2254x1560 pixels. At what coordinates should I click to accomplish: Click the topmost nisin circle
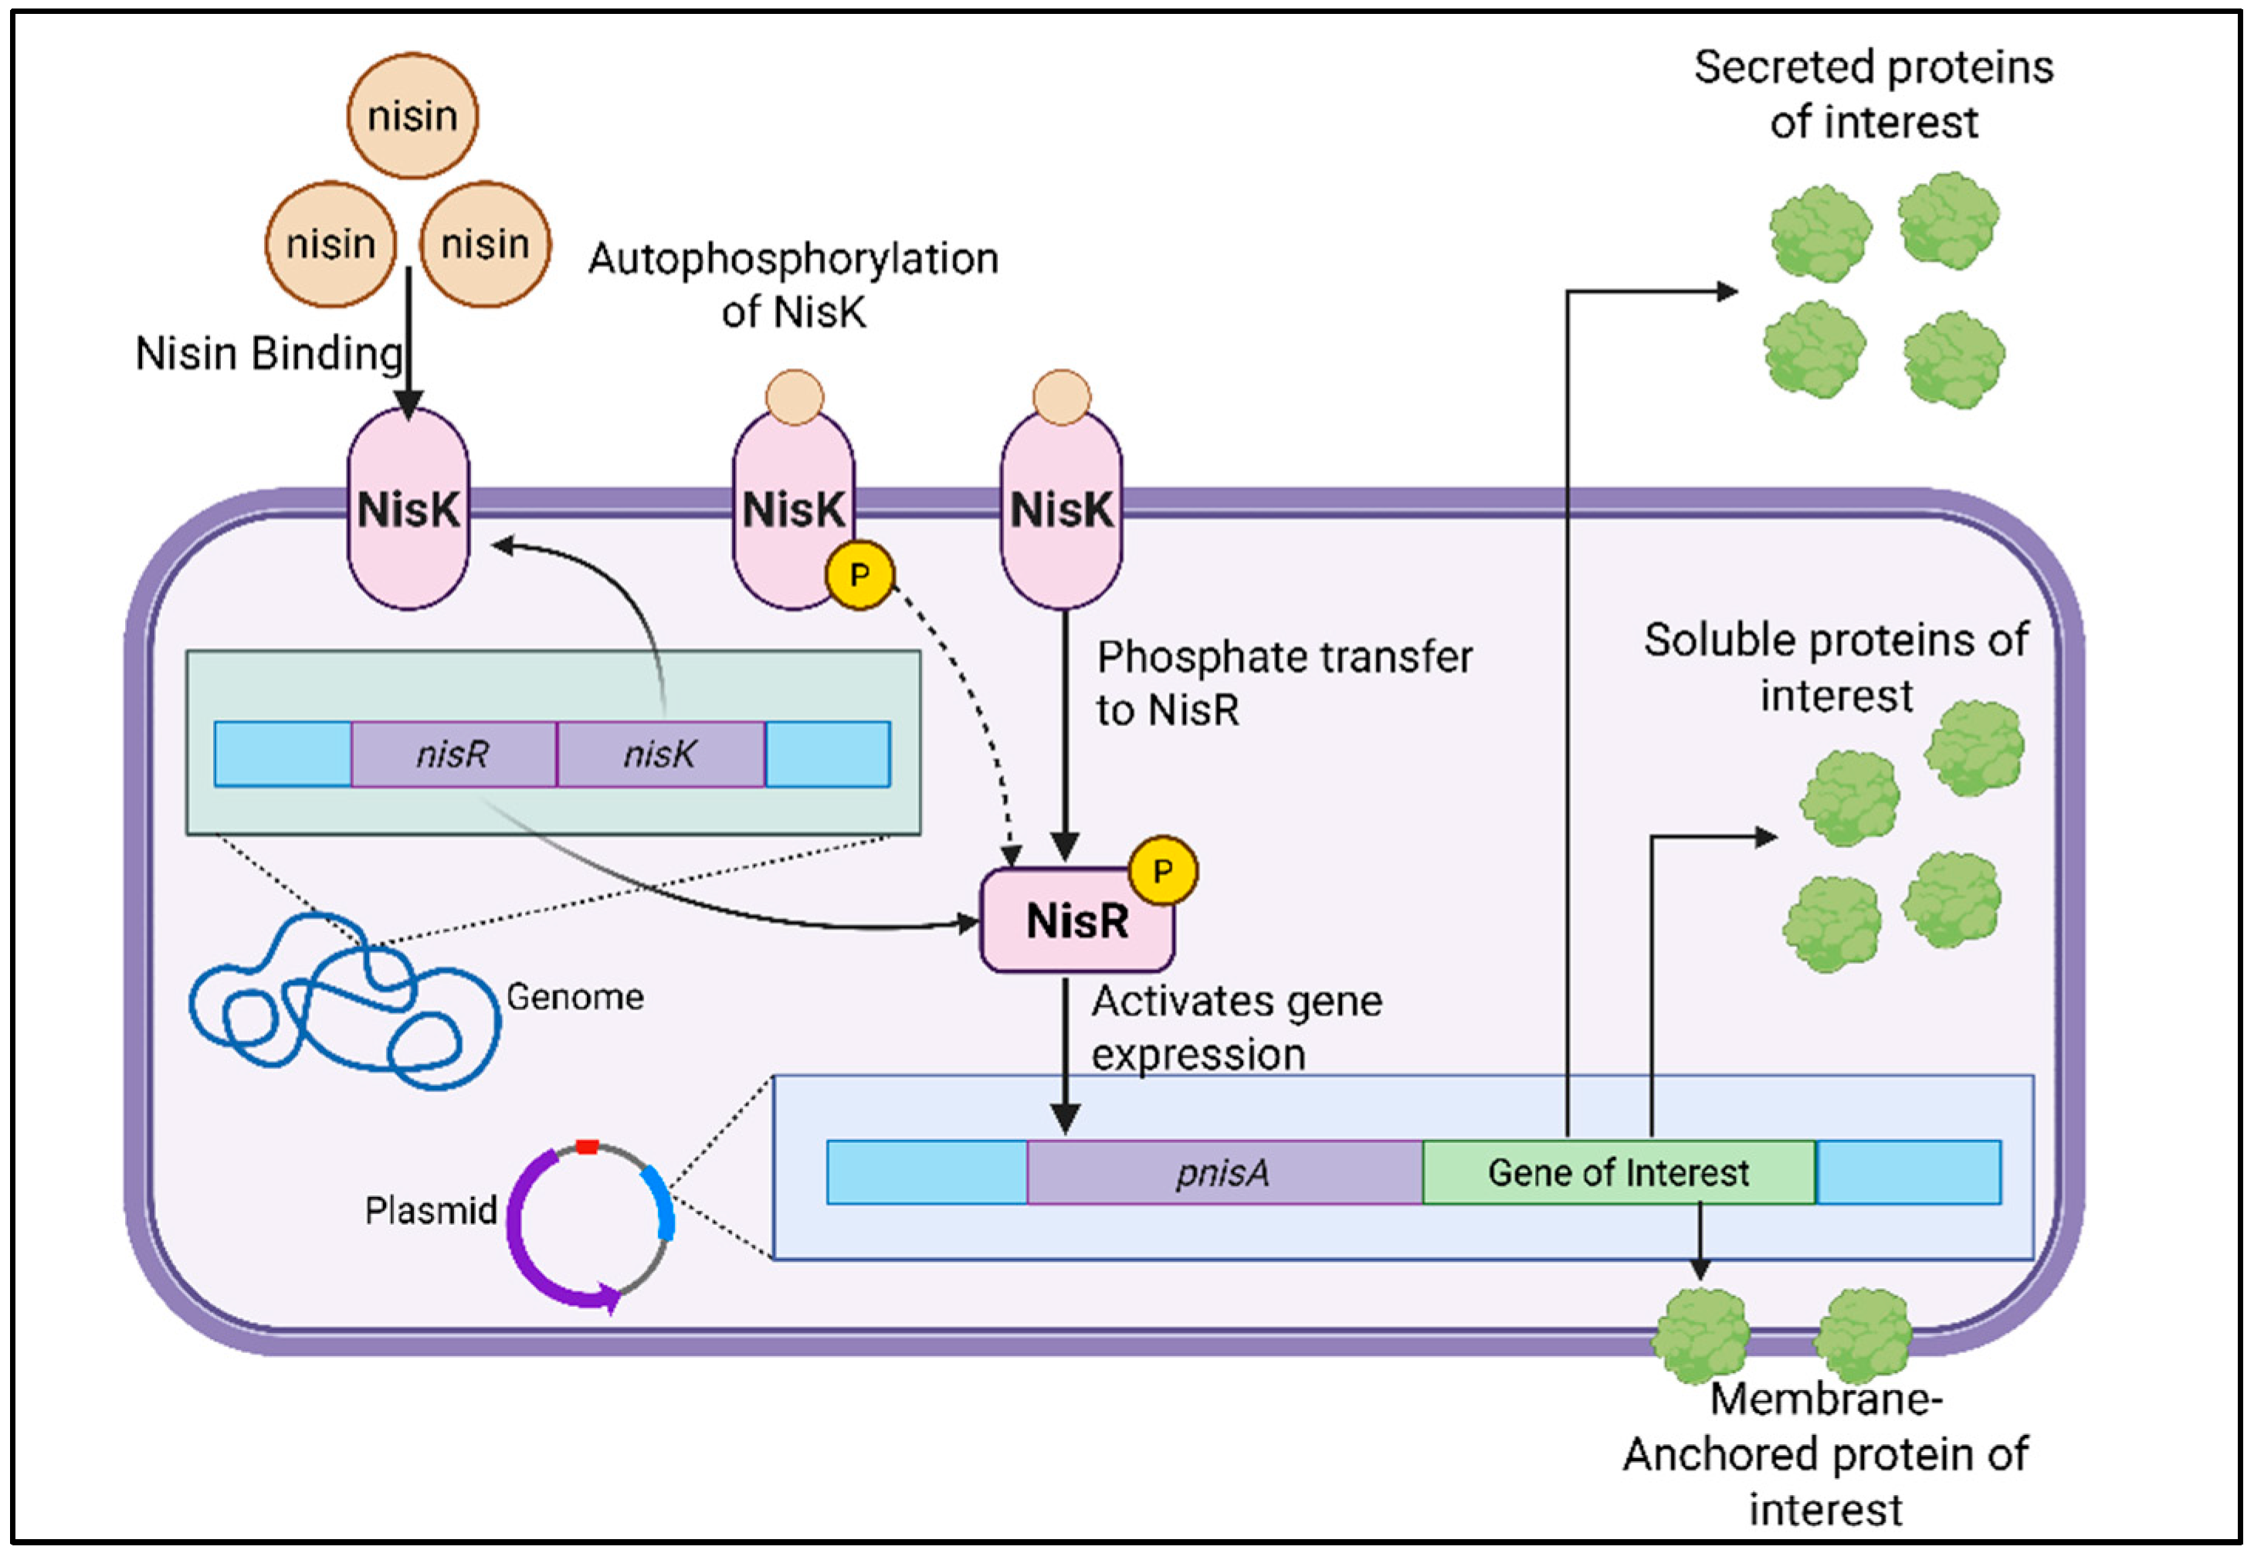pos(412,117)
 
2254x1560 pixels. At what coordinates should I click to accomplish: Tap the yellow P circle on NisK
pos(859,575)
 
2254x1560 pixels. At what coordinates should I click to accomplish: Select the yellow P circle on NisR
pos(1163,870)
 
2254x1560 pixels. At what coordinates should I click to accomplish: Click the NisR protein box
pos(1075,921)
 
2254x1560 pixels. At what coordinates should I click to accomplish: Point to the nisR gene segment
pos(453,754)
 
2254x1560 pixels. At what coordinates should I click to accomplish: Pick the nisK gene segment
pos(660,754)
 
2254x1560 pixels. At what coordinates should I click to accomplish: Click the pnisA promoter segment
pos(1223,1172)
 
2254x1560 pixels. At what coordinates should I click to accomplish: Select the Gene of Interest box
pos(1618,1172)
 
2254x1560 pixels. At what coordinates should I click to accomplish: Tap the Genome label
pos(575,997)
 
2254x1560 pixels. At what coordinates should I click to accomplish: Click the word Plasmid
pos(431,1210)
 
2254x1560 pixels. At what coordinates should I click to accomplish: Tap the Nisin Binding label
pos(269,354)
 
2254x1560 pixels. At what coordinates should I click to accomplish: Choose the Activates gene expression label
pos(1236,1027)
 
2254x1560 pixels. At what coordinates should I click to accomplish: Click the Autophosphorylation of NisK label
pos(793,286)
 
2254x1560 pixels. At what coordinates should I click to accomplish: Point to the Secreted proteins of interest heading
pos(1873,95)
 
